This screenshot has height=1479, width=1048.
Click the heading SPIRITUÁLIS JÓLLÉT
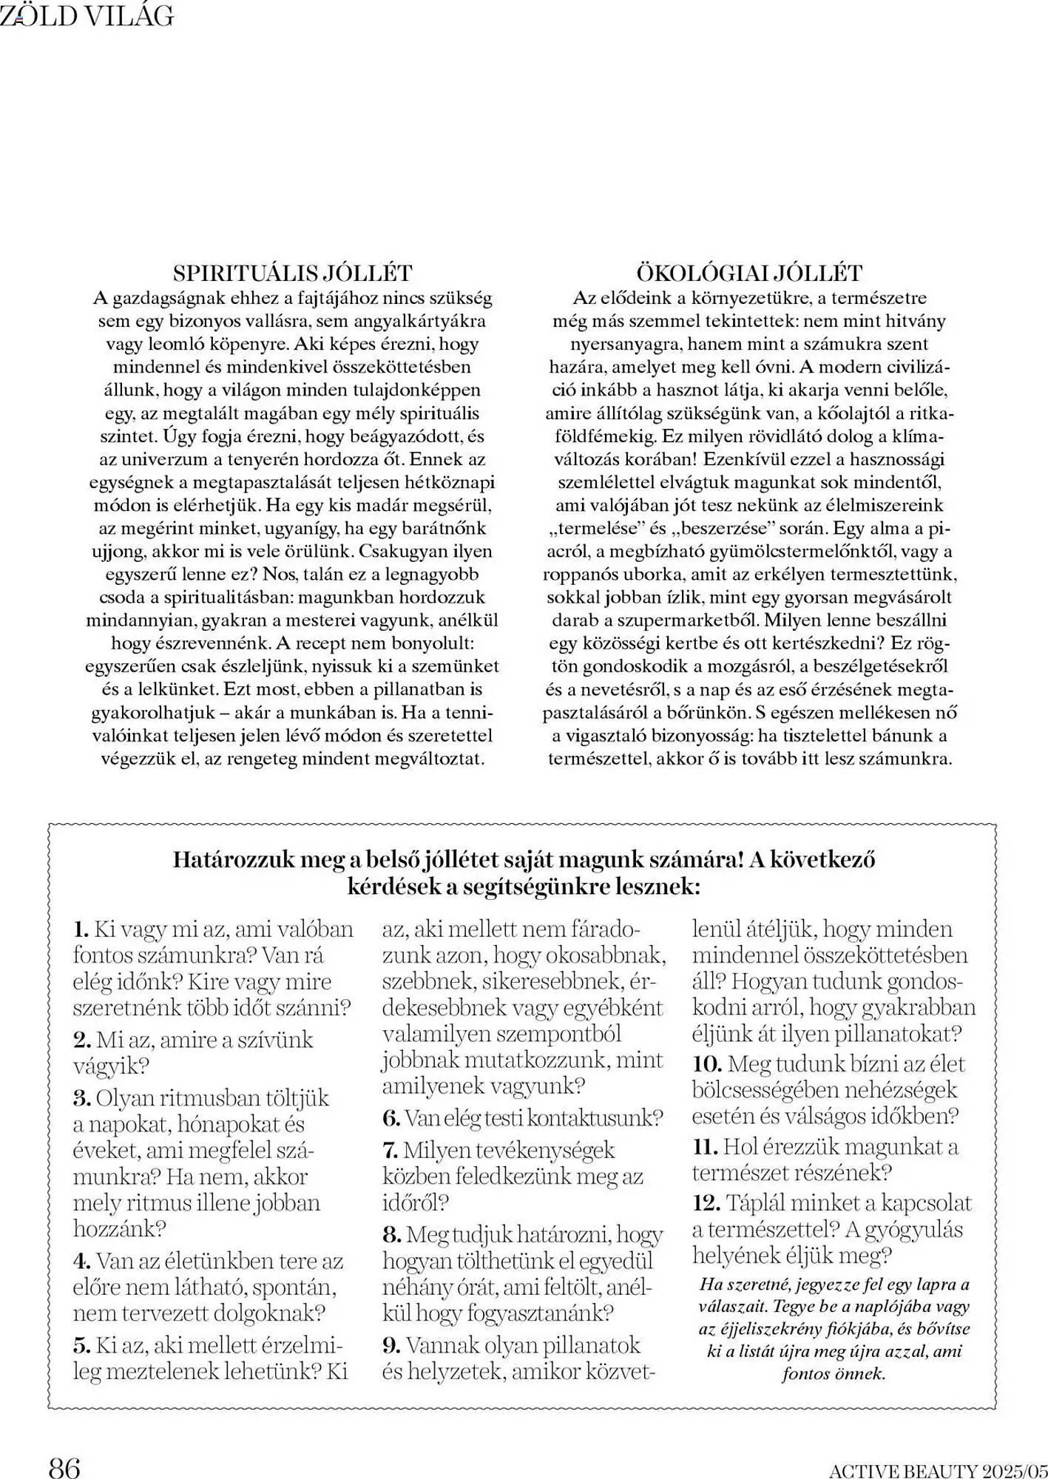point(292,273)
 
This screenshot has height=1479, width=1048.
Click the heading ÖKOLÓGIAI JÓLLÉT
point(749,273)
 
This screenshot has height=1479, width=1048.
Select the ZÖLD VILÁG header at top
point(87,15)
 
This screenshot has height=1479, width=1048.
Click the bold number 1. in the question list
point(81,930)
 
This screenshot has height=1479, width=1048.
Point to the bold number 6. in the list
point(391,1118)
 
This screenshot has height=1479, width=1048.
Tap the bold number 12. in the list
point(706,1203)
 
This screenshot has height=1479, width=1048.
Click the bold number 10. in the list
point(707,1064)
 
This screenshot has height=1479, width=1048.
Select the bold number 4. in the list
point(81,1261)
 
